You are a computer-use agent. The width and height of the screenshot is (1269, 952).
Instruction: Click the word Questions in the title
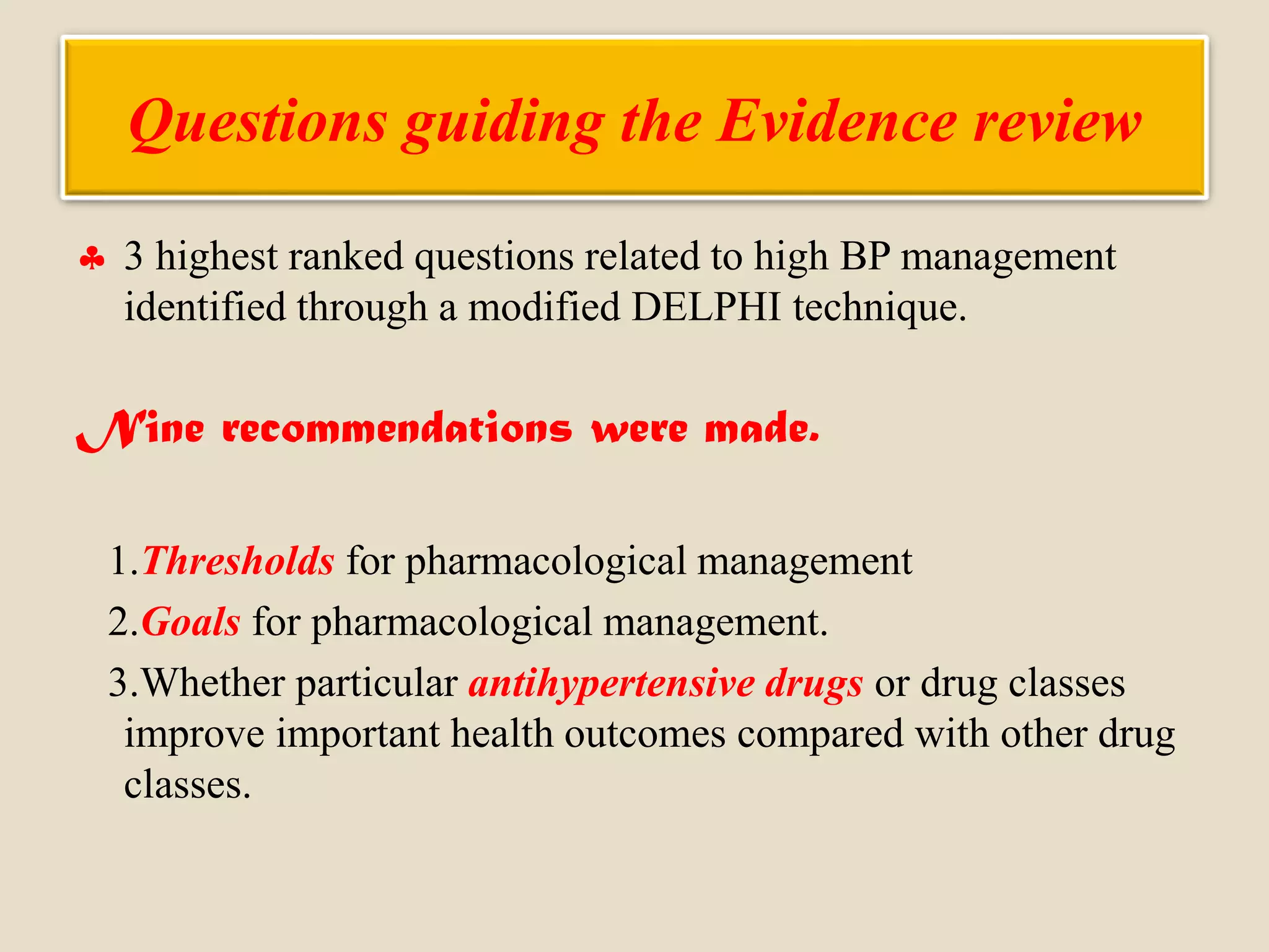[258, 122]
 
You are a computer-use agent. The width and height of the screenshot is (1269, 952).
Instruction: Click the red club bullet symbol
[92, 258]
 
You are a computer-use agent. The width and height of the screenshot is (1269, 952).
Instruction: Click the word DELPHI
[706, 307]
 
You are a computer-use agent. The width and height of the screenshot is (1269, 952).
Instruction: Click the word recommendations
[397, 429]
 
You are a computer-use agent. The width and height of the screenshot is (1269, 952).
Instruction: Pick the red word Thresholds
[239, 562]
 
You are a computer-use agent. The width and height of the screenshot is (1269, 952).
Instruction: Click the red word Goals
[191, 622]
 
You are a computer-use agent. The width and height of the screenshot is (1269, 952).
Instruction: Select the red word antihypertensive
[611, 684]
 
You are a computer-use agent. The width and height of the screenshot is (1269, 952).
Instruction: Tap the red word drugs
[814, 684]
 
